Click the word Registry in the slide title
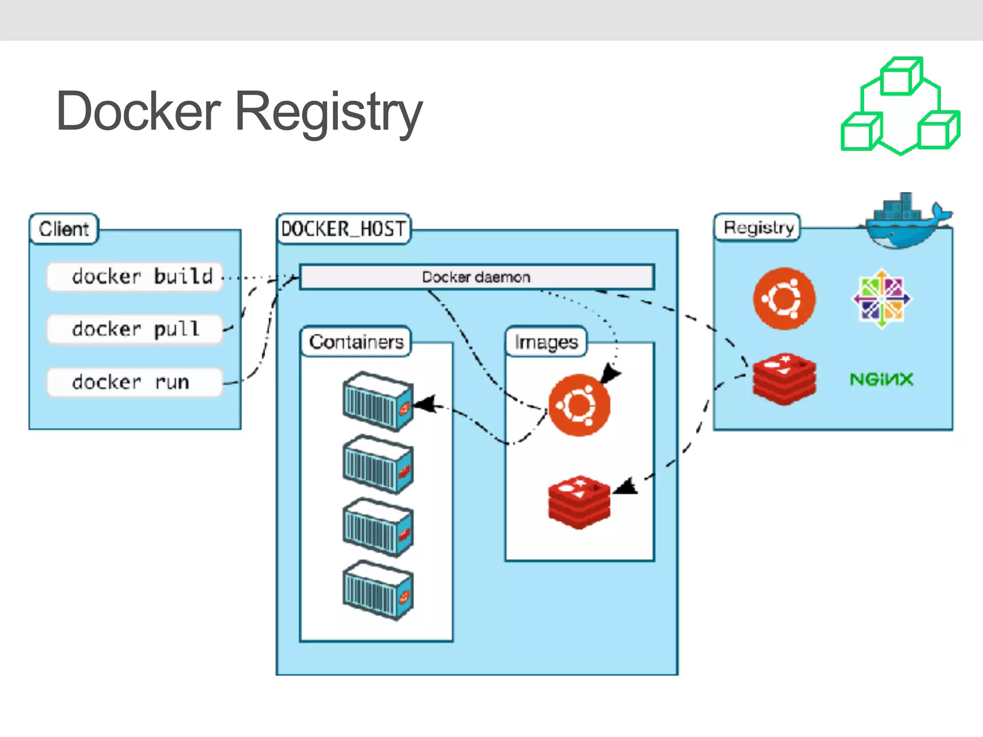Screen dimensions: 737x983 point(329,113)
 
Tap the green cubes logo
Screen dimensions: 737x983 point(901,107)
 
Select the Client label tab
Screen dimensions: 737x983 point(64,229)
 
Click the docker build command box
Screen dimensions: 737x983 point(135,276)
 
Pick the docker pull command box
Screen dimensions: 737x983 point(135,329)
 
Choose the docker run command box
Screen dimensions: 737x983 point(135,382)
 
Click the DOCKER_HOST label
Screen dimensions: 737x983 point(344,229)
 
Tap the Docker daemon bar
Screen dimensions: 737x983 point(476,277)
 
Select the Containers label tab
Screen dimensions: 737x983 point(356,342)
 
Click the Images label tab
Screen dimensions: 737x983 point(546,342)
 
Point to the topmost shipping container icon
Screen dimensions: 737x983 point(378,401)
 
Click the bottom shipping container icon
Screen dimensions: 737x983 point(378,590)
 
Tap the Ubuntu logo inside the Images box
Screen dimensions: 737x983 point(579,405)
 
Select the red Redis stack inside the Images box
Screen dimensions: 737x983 point(579,502)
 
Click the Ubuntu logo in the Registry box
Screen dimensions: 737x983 point(784,298)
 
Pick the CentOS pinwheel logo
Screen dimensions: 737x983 point(882,298)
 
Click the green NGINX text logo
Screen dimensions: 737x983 point(881,380)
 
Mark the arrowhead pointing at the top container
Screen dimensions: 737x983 point(424,404)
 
